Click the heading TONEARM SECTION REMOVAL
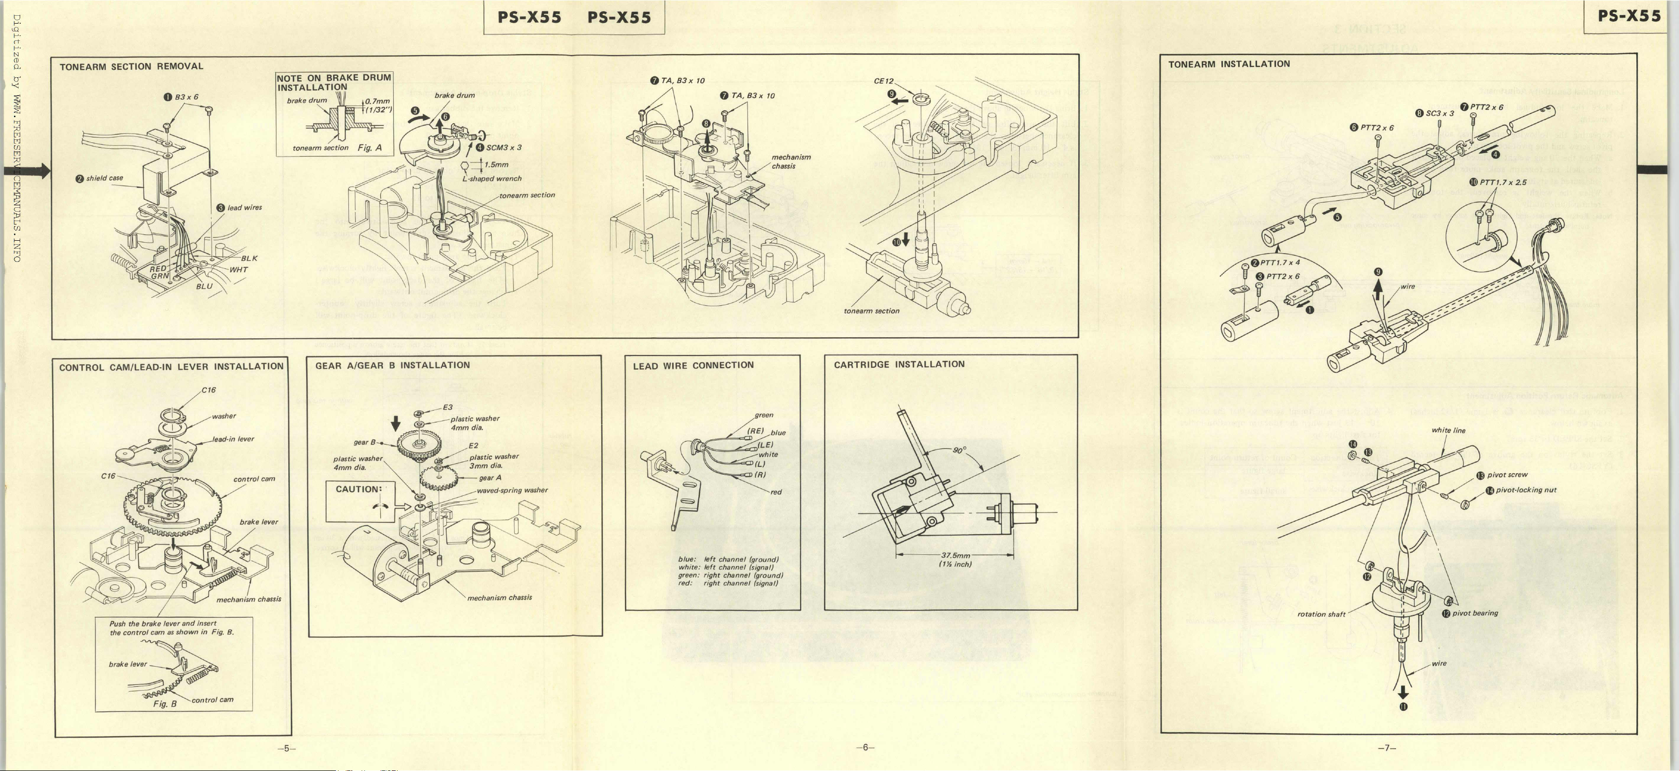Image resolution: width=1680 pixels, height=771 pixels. [131, 66]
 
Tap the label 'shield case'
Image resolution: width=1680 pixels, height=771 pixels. [104, 178]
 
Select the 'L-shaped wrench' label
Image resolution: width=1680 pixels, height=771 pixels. [492, 179]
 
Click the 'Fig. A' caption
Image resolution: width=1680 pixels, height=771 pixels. [369, 147]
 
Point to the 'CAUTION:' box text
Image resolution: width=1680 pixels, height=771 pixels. [358, 489]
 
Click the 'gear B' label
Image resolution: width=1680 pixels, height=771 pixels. [364, 442]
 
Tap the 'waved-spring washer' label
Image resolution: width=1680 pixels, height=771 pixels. [512, 490]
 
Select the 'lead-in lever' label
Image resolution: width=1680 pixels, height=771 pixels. [233, 439]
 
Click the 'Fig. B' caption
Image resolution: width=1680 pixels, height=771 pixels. [164, 704]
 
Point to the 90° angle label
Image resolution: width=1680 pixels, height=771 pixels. [960, 450]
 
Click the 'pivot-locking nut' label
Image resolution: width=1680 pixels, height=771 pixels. [1525, 490]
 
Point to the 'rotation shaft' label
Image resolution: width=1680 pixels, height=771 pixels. [1321, 614]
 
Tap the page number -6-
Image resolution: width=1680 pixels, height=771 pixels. [865, 747]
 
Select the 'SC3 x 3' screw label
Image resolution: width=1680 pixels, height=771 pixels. [1439, 114]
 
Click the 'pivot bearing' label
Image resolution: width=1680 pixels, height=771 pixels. [1475, 613]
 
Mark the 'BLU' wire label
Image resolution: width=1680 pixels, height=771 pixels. [204, 287]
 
